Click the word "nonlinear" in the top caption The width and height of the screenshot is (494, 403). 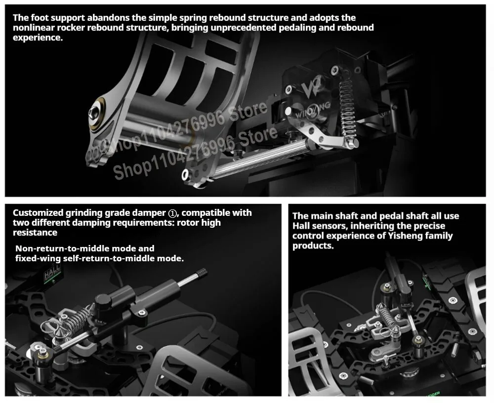click(34, 28)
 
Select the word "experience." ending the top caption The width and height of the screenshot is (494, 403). click(38, 38)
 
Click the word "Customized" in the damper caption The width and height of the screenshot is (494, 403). click(38, 213)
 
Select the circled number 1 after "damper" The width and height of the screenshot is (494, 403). click(172, 213)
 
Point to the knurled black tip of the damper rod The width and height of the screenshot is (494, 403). click(202, 273)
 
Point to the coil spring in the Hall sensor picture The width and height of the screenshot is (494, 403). click(387, 317)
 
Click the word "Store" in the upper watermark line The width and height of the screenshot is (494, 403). click(248, 111)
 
